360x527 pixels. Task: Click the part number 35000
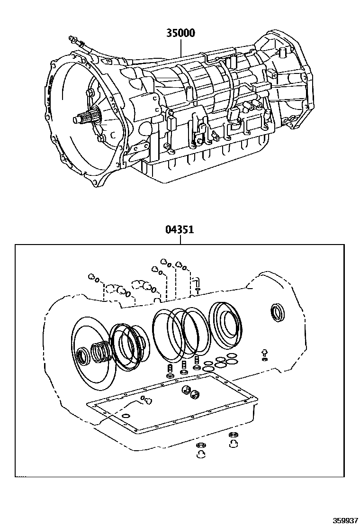point(180,33)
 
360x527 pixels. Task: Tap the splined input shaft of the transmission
point(84,118)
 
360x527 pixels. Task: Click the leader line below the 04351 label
point(180,240)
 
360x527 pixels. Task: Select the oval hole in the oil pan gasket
point(126,416)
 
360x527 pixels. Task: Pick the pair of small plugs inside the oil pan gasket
point(189,392)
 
